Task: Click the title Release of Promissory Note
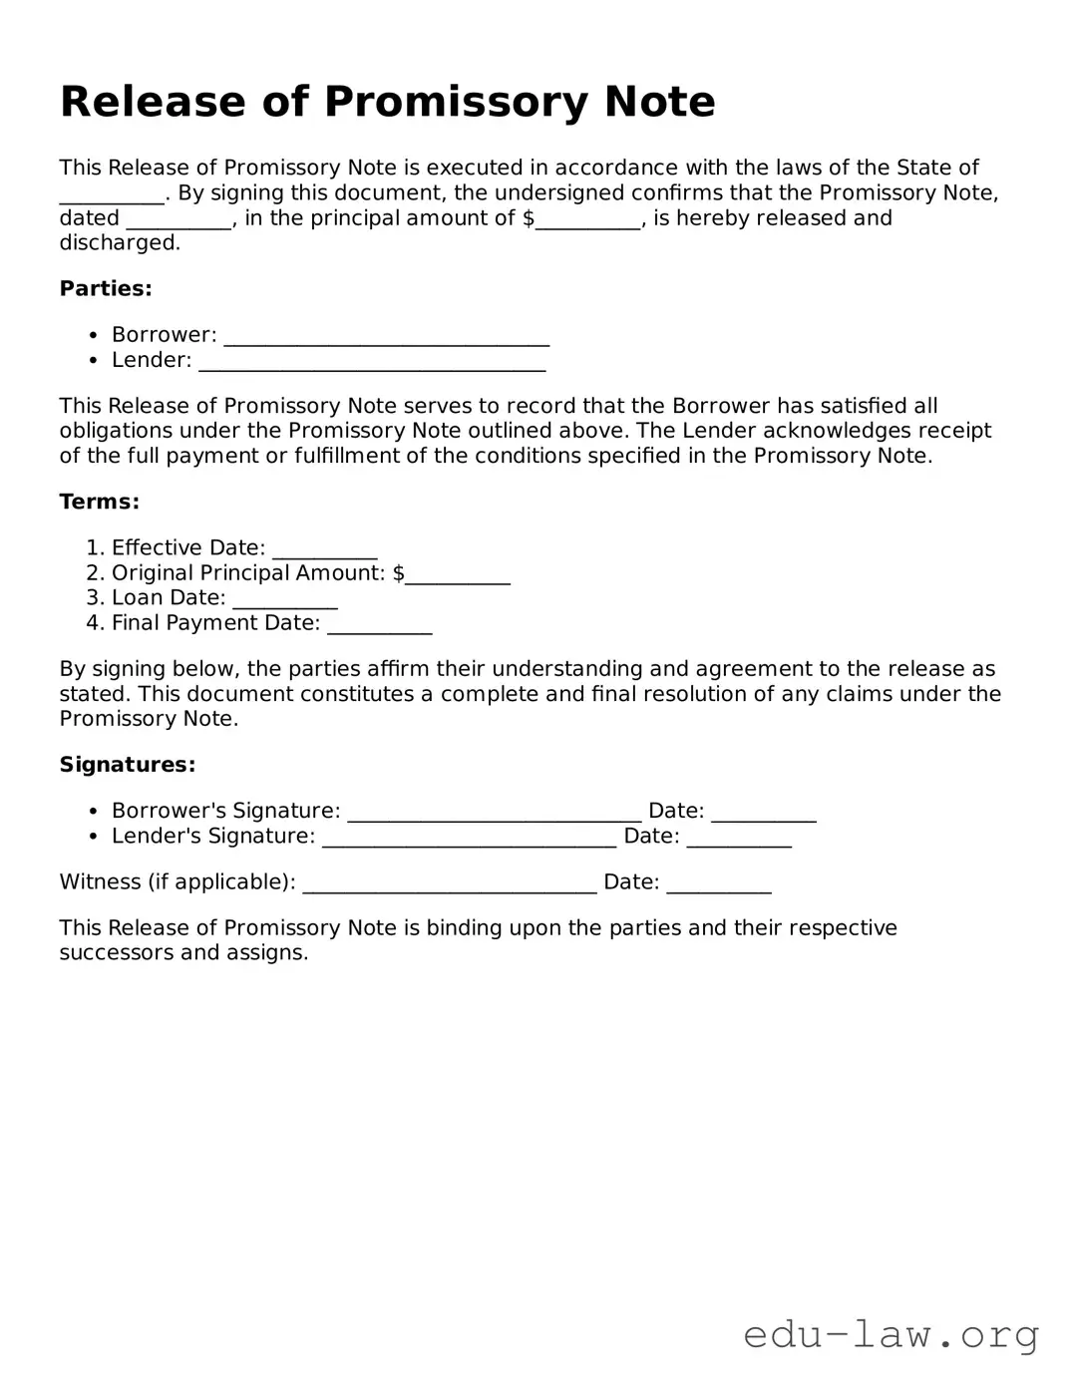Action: [387, 102]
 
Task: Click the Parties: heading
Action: [106, 289]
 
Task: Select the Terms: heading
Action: [100, 502]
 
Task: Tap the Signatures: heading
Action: [128, 765]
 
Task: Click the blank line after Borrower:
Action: [386, 337]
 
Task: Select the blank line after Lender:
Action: [372, 362]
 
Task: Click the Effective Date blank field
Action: [324, 549]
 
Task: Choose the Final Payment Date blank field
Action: [379, 625]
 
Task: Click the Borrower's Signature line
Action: [494, 813]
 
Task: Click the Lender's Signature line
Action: [469, 838]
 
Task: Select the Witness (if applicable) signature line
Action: [449, 883]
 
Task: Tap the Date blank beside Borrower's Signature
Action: [764, 813]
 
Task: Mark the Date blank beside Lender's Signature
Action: [739, 838]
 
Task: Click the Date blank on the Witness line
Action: [718, 883]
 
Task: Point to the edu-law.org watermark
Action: [892, 1334]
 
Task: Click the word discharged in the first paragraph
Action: [120, 243]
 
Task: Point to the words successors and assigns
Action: [183, 953]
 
